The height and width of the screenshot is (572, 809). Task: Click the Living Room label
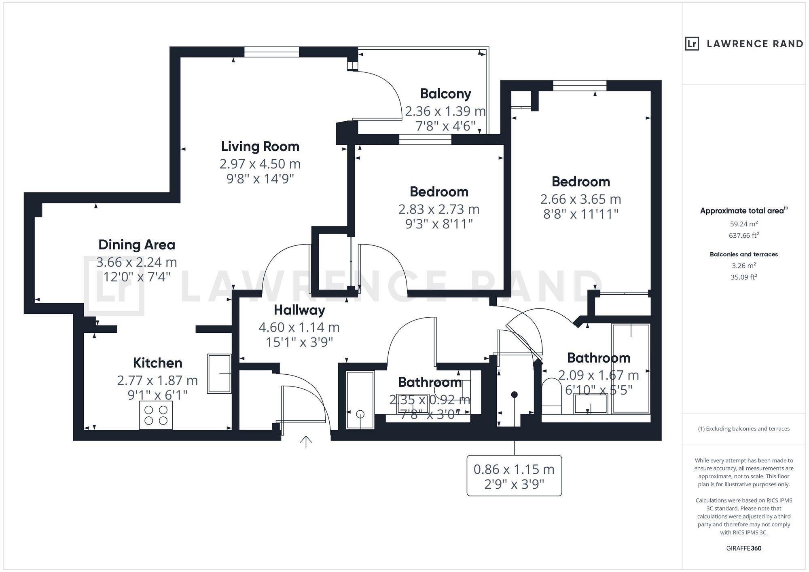260,146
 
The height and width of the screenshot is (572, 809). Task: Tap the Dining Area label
137,245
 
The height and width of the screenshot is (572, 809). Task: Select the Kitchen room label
157,363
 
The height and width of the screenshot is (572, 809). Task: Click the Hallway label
299,310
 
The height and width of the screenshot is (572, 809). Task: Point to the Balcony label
445,94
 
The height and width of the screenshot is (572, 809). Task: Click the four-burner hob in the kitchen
156,415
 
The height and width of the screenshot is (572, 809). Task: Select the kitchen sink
219,374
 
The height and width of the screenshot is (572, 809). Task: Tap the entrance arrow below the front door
306,442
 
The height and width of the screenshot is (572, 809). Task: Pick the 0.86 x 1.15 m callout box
514,475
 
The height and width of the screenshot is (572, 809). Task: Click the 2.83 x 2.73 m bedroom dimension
439,209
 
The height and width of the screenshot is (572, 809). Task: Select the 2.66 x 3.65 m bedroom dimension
580,199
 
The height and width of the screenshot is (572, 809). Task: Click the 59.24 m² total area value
743,224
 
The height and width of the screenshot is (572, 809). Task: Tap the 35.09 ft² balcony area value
743,277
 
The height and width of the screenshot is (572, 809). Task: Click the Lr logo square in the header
692,44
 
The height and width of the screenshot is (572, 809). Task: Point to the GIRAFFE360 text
743,549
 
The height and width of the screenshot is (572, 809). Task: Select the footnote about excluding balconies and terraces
743,429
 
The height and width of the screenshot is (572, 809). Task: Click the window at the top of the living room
271,52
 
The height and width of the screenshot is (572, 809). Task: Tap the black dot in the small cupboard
514,395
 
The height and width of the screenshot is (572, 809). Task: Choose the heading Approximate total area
743,211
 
